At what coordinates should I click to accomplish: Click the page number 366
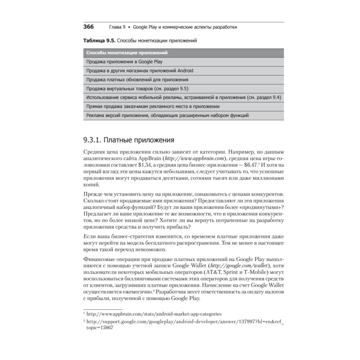coord(89,27)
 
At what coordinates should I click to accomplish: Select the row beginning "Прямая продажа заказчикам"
coord(153,107)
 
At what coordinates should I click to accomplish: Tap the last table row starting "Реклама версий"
coord(167,116)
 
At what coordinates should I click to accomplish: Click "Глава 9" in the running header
coord(117,27)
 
